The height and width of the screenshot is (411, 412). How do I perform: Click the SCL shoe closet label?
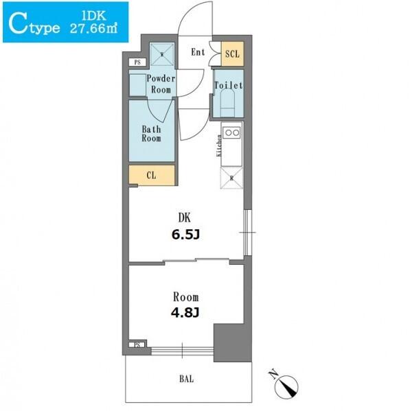pyautogui.click(x=232, y=54)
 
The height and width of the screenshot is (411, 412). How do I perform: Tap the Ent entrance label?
pyautogui.click(x=198, y=52)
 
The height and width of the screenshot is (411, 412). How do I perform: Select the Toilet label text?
pyautogui.click(x=229, y=85)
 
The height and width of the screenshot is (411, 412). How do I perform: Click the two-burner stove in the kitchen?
pyautogui.click(x=231, y=132)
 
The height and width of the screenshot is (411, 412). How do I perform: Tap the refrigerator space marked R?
pyautogui.click(x=231, y=178)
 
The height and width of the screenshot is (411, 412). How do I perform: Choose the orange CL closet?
pyautogui.click(x=152, y=175)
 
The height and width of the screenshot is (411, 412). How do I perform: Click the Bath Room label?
pyautogui.click(x=151, y=134)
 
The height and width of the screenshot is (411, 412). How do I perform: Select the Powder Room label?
pyautogui.click(x=161, y=84)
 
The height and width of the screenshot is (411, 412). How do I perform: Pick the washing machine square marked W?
pyautogui.click(x=162, y=55)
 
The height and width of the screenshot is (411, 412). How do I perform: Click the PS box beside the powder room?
pyautogui.click(x=137, y=62)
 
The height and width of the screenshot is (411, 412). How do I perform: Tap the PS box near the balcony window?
pyautogui.click(x=137, y=345)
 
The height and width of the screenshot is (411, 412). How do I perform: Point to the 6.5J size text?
pyautogui.click(x=185, y=235)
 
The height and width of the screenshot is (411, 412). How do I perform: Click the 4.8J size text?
pyautogui.click(x=185, y=312)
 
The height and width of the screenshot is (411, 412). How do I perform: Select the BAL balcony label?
pyautogui.click(x=187, y=379)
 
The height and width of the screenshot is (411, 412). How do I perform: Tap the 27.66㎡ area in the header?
pyautogui.click(x=93, y=28)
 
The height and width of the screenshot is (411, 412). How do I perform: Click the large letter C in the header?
pyautogui.click(x=18, y=25)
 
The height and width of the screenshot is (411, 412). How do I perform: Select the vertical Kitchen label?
pyautogui.click(x=218, y=145)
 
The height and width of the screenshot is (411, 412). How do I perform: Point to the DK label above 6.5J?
pyautogui.click(x=185, y=218)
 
